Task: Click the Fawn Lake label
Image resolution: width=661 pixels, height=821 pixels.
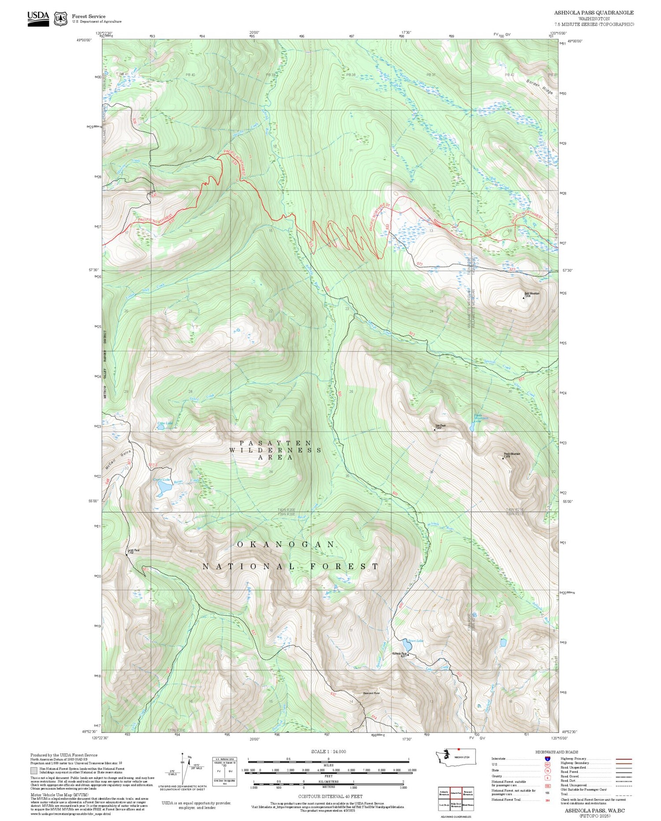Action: point(415,641)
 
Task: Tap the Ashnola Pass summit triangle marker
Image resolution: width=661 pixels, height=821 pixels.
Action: point(408,655)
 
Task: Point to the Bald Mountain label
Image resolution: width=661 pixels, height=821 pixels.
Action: point(531,293)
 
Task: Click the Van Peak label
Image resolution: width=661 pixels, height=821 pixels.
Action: point(441,425)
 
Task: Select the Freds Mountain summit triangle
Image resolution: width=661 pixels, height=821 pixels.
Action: point(503,458)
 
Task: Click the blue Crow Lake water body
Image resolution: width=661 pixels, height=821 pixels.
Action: point(161,427)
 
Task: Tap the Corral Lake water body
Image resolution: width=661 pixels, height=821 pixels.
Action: point(164,488)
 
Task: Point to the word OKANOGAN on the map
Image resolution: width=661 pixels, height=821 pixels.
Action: point(286,545)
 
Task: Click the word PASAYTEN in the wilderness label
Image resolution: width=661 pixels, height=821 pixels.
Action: point(275,443)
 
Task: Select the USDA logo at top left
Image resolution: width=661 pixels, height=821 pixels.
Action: point(38,18)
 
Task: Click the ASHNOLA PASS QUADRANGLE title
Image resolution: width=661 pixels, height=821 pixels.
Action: point(594,13)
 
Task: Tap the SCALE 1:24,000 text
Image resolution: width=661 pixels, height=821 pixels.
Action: point(328,752)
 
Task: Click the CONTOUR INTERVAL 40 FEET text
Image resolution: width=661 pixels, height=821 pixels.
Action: point(330,796)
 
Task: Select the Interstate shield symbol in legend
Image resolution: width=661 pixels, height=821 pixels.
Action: point(547,758)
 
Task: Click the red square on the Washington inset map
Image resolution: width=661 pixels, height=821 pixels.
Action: point(459,749)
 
